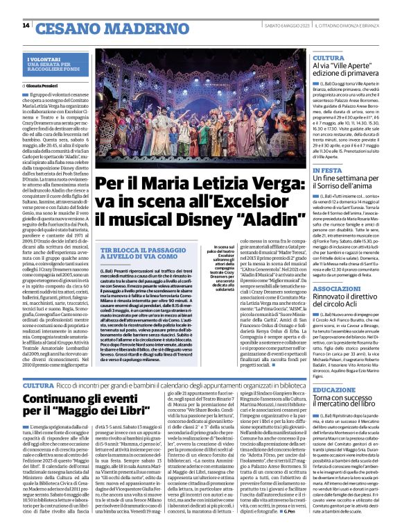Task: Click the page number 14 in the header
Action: point(26,26)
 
